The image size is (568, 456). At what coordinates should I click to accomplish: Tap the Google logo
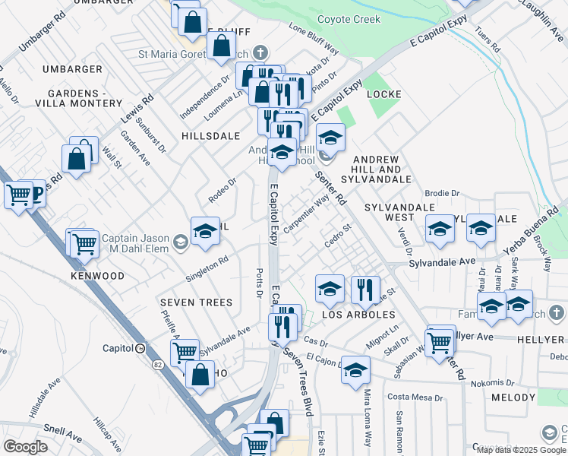25,447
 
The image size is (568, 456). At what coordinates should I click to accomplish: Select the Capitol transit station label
117,348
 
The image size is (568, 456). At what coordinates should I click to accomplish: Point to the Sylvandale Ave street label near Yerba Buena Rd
442,261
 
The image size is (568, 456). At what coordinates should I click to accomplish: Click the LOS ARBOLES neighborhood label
358,315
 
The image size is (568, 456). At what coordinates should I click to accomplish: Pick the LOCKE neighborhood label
383,94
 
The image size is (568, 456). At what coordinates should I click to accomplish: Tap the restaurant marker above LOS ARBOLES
366,289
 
